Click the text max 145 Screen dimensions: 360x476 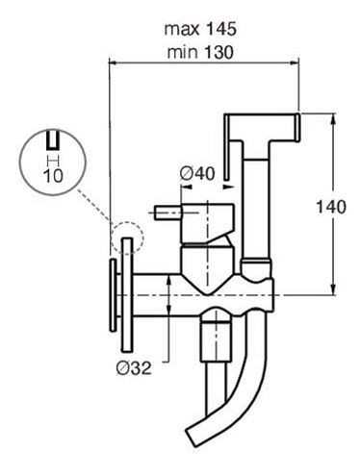pos(200,29)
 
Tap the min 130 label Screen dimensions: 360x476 pos(200,52)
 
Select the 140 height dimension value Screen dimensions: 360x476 pos(331,207)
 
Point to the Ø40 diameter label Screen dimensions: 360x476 pos(197,173)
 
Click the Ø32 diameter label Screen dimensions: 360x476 pos(134,368)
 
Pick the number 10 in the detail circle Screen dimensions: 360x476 pos(53,176)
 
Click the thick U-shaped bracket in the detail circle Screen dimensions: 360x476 pos(53,140)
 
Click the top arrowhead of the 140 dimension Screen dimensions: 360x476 pos(333,119)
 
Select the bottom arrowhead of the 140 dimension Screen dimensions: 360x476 pos(333,288)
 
